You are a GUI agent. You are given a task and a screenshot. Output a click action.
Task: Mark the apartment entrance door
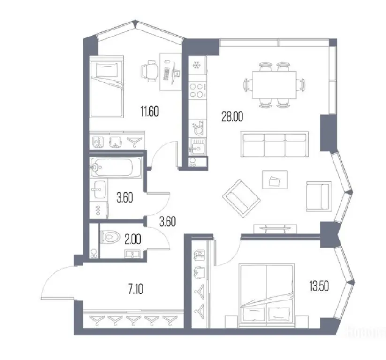pos(59,281)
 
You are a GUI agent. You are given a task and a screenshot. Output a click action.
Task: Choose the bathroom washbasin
pos(98,192)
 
